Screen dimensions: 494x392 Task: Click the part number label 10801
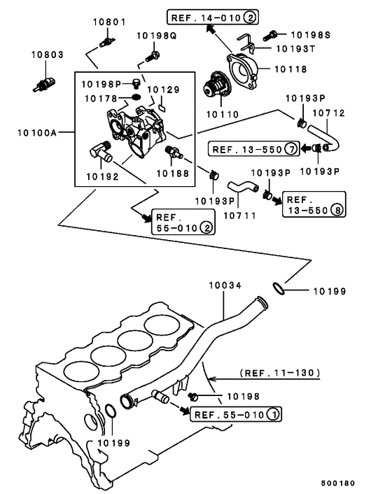point(109,22)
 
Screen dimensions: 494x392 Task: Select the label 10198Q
point(156,35)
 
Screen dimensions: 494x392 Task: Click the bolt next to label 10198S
point(272,33)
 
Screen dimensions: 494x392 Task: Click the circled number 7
point(290,148)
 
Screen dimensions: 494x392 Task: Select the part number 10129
point(163,90)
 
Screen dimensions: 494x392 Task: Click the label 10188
point(172,172)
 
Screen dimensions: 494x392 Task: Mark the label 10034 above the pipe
point(223,285)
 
